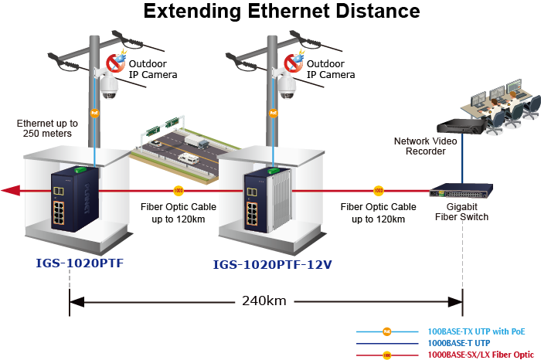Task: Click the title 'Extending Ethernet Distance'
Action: point(282,12)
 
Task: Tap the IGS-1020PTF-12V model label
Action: point(272,265)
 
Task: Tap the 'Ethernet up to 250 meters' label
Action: point(47,128)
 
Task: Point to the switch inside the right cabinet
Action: point(257,199)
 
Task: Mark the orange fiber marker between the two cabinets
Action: point(179,190)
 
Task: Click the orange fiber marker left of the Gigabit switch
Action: point(378,190)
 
